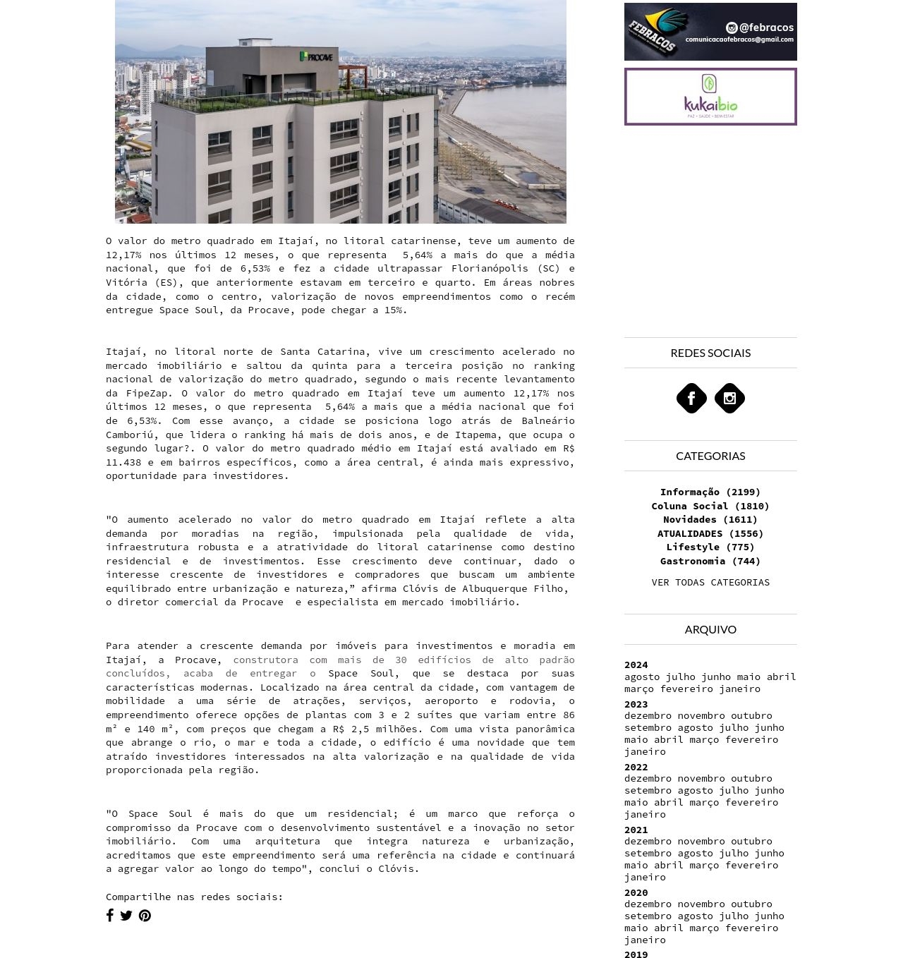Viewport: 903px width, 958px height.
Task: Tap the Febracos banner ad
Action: [710, 32]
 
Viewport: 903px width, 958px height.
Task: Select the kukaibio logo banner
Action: [710, 97]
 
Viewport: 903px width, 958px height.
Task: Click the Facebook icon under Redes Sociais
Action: [691, 399]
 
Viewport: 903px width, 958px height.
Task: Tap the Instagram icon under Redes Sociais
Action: [729, 399]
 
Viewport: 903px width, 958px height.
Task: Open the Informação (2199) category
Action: [710, 492]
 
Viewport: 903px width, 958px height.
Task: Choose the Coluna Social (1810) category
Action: [710, 506]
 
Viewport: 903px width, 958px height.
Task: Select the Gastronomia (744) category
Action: [710, 561]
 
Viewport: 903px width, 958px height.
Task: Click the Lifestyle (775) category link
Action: [710, 547]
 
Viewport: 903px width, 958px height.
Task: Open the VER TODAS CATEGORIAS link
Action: [710, 582]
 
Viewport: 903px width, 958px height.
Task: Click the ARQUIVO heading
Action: [710, 629]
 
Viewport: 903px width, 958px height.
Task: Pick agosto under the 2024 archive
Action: [641, 677]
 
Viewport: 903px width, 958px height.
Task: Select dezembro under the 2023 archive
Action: [648, 715]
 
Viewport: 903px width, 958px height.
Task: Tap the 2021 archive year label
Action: [636, 830]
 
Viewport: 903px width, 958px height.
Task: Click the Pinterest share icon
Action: [145, 916]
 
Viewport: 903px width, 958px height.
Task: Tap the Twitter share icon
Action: [126, 916]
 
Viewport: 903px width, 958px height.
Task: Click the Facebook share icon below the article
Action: [110, 916]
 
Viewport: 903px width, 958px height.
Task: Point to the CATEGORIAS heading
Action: [710, 456]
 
